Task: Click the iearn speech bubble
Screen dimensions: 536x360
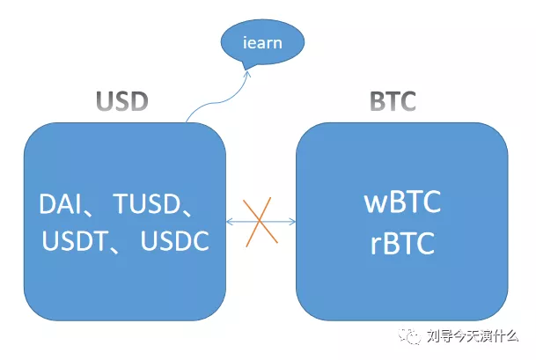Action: (x=262, y=43)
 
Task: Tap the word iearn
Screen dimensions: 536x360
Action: (x=262, y=43)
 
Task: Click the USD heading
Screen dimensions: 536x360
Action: (x=122, y=101)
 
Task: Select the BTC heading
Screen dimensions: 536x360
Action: (x=393, y=101)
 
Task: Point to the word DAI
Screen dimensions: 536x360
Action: (x=60, y=203)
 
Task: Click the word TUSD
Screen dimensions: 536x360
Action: (x=147, y=203)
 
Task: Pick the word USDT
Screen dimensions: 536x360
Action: (x=75, y=240)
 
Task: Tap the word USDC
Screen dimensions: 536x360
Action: (x=174, y=240)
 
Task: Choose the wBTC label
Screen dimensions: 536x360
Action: (x=402, y=202)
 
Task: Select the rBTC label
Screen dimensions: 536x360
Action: (x=402, y=243)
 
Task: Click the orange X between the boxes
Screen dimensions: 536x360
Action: (x=260, y=222)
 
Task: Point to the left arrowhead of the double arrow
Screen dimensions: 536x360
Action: (x=230, y=222)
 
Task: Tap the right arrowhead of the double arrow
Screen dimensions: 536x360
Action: (x=292, y=222)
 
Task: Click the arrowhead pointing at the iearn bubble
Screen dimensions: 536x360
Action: (x=247, y=73)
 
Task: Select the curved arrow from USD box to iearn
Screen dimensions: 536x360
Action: (x=219, y=100)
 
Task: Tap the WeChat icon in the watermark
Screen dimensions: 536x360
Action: (x=409, y=335)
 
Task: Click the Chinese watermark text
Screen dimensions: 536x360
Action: (x=473, y=336)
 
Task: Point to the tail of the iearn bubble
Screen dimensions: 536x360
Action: (x=246, y=66)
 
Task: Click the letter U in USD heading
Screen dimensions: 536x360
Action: (x=105, y=101)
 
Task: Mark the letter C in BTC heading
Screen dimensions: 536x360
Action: (x=408, y=101)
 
